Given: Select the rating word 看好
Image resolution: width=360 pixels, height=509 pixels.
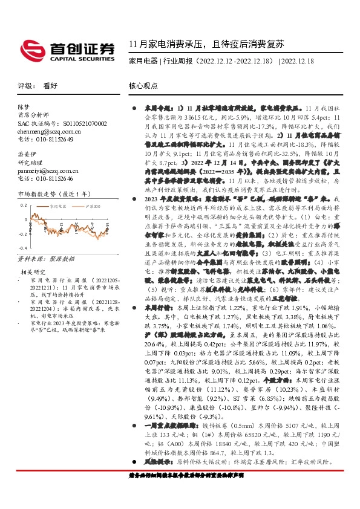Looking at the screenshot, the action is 50,86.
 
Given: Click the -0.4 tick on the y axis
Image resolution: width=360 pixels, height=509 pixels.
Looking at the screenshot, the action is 23,248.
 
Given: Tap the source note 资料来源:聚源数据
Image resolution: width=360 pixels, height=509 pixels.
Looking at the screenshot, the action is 45,258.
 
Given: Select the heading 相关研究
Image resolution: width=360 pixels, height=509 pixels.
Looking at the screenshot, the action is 34,273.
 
